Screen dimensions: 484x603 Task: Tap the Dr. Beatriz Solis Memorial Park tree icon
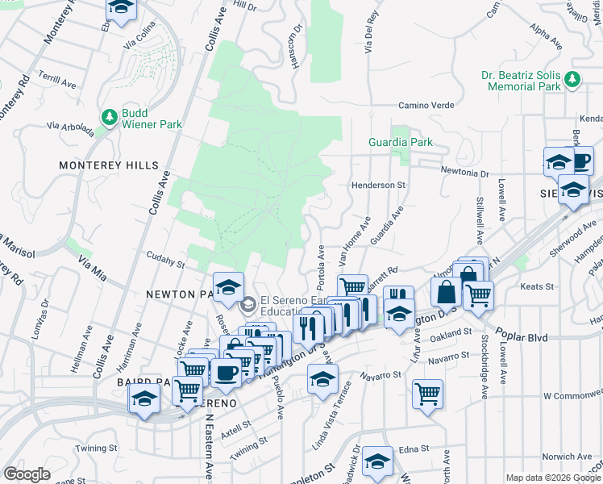(572, 79)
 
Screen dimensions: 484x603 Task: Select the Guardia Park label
(401, 142)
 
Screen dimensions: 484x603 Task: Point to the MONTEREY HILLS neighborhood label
(109, 165)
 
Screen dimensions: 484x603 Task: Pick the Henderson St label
(377, 185)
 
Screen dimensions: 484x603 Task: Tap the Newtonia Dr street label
(465, 172)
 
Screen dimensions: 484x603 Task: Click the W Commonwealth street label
(572, 396)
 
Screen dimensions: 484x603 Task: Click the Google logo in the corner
(27, 474)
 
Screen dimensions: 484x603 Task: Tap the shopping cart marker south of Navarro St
(427, 394)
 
